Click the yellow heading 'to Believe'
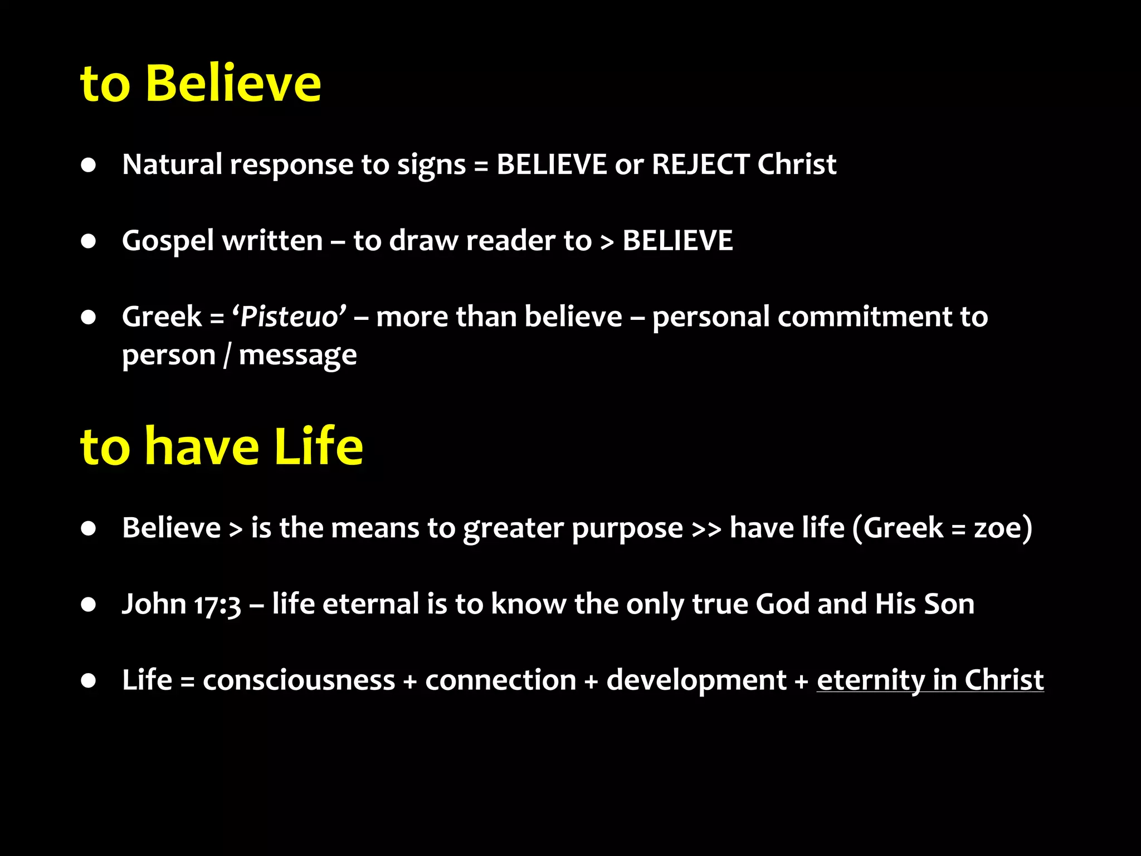click(x=201, y=84)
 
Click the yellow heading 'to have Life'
click(x=222, y=446)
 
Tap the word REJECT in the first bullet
click(x=700, y=164)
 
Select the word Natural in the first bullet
click(x=172, y=164)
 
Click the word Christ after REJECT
click(x=797, y=164)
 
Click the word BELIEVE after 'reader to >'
click(x=677, y=241)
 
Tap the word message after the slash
click(x=298, y=356)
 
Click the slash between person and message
click(x=227, y=356)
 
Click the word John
click(x=154, y=604)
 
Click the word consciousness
click(x=299, y=680)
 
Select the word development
click(x=696, y=680)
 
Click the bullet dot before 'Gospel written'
click(x=88, y=241)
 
